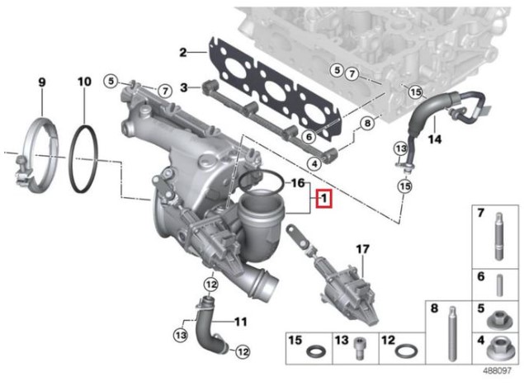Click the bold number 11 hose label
[x=240, y=321]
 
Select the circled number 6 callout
[x=308, y=136]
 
